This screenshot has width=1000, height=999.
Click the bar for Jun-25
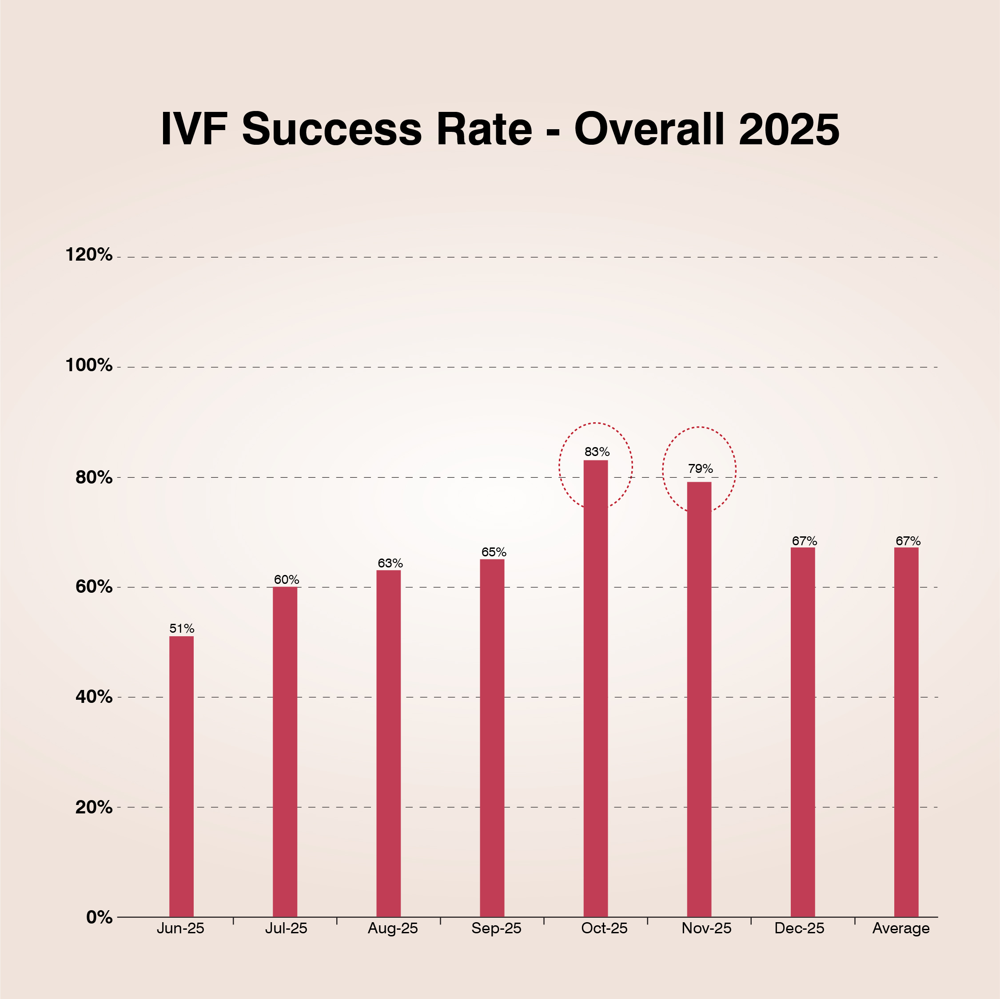click(181, 776)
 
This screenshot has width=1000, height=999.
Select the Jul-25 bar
click(285, 750)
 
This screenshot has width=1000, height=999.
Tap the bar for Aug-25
click(388, 742)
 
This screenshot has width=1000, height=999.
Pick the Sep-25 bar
click(492, 737)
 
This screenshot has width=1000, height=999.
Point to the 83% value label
click(597, 452)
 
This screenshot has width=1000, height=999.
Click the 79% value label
click(700, 469)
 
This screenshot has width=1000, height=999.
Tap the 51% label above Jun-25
click(182, 629)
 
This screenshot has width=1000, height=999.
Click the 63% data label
click(390, 563)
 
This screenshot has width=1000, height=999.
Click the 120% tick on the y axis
click(88, 254)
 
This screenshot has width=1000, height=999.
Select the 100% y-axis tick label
click(88, 365)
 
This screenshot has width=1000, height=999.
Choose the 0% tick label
click(99, 917)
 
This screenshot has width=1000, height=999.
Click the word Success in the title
click(332, 129)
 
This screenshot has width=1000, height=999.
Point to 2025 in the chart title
click(789, 129)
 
